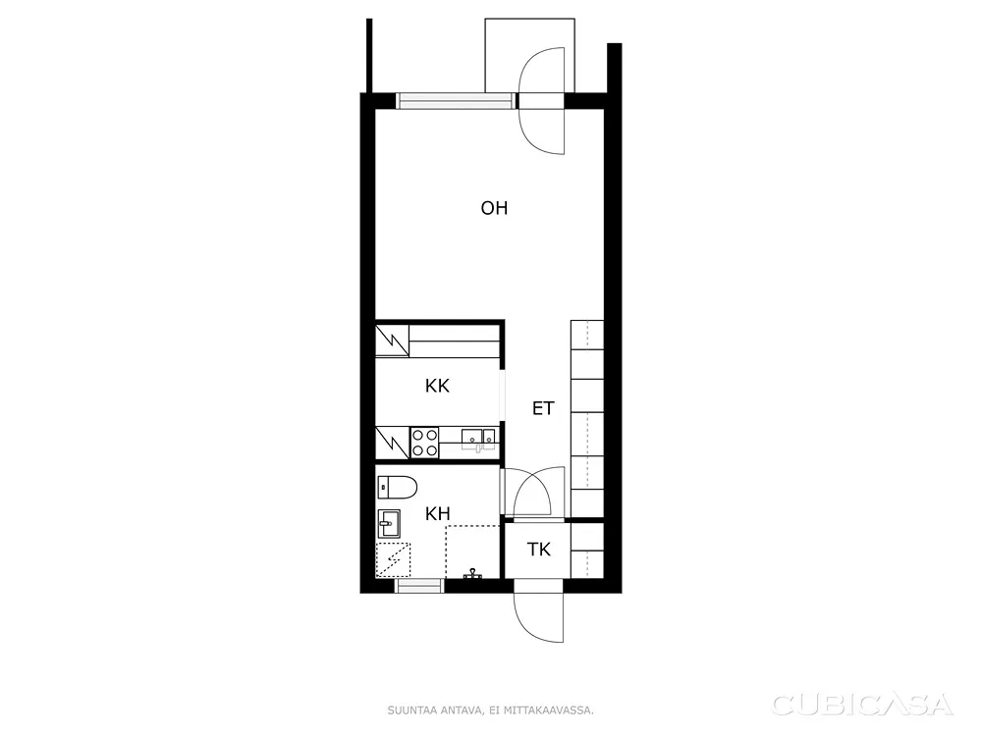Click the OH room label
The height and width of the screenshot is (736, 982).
pos(494,208)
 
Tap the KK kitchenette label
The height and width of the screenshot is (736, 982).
pos(437,386)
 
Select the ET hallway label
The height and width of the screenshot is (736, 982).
pos(543,408)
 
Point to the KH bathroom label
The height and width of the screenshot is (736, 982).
pos(438,514)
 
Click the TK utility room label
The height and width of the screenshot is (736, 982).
pos(538,550)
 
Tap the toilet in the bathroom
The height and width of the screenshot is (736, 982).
pos(397,487)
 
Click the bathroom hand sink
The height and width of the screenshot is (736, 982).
pos(388,523)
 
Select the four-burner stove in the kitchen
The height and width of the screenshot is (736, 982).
pos(424,442)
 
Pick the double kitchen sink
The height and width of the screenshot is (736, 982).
pos(478,440)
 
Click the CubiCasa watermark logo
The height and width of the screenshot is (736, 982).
pos(862,705)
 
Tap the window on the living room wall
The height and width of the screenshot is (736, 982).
pos(456,101)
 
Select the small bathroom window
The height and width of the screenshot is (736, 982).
pos(419,586)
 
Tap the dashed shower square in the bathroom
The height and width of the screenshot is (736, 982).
pos(393,560)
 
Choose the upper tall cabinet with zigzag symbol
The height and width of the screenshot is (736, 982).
pos(392,341)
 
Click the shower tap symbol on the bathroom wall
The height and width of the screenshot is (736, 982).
pos(471,574)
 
